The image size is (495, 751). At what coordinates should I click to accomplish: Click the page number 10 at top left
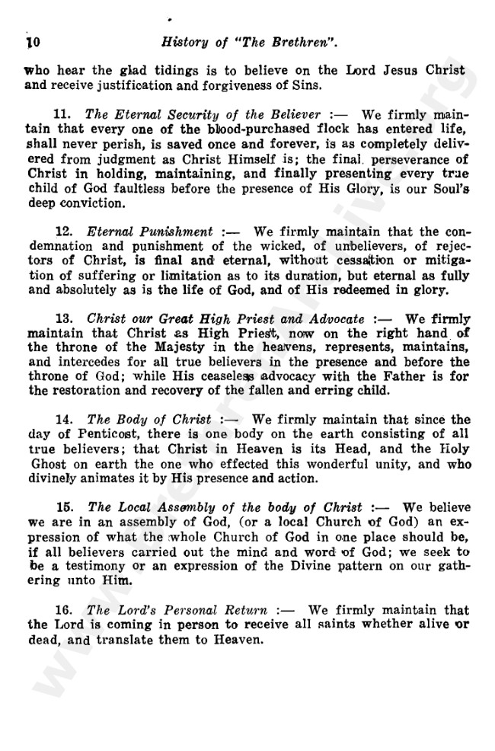pos(34,40)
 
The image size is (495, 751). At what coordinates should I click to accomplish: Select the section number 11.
pos(65,116)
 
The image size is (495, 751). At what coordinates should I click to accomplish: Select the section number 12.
pos(65,230)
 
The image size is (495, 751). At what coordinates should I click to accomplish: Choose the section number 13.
pos(65,318)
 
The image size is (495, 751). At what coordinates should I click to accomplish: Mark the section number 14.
pos(65,419)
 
